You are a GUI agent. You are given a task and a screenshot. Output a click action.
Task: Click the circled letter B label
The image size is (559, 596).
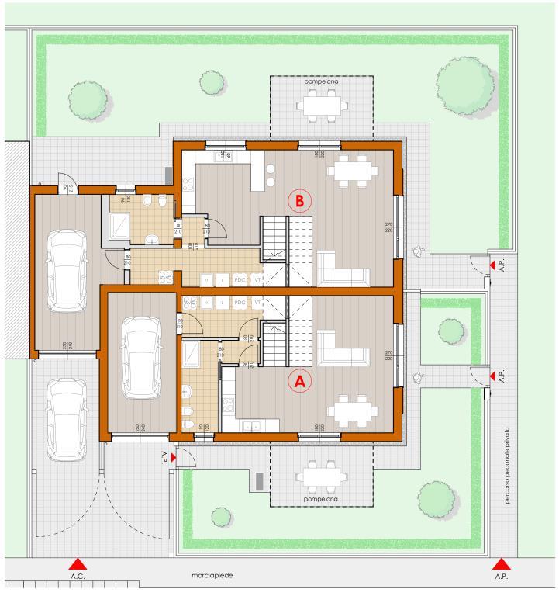point(299,200)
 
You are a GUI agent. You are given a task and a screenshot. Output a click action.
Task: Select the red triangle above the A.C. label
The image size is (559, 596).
point(77,564)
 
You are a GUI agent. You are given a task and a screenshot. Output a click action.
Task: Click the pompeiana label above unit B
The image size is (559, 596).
point(321,81)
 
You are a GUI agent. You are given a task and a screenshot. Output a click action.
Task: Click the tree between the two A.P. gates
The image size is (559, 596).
point(450,331)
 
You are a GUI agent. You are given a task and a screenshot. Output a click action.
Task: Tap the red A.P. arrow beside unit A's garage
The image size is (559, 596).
point(174,459)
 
